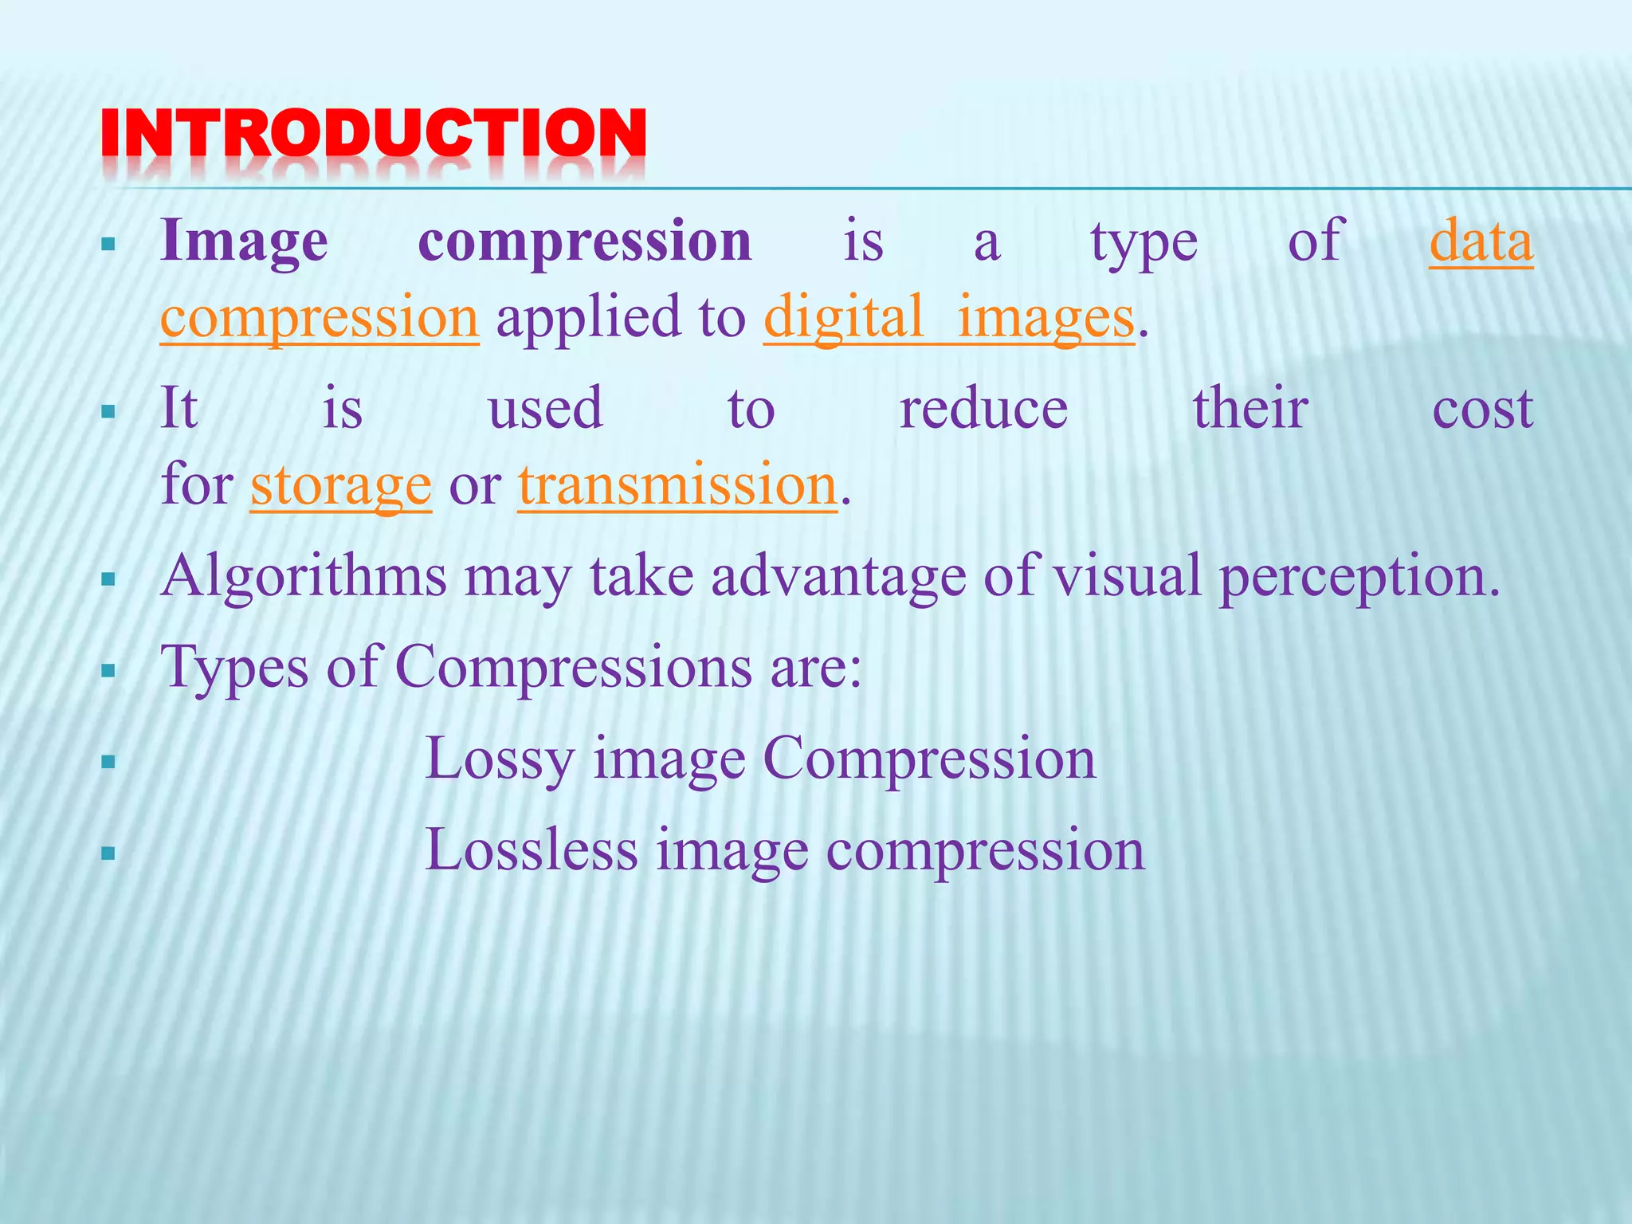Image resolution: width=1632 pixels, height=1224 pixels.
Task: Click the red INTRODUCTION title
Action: (x=373, y=134)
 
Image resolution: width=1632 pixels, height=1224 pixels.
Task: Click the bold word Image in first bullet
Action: (x=244, y=241)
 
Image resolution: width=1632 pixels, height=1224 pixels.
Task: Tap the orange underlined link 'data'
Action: (x=1481, y=241)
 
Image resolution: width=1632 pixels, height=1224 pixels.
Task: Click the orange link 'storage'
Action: (x=341, y=484)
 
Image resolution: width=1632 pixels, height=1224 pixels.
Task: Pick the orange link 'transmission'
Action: (x=677, y=484)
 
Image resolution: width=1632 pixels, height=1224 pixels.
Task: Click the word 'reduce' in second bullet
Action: (x=983, y=408)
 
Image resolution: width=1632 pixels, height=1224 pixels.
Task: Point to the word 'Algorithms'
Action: (x=303, y=575)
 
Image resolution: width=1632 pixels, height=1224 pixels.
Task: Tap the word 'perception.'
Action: (x=1359, y=575)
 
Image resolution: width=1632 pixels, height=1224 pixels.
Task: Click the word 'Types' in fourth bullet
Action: (x=234, y=666)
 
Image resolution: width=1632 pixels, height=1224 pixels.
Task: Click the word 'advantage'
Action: (x=838, y=575)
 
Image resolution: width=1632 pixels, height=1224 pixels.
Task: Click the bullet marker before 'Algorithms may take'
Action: (x=109, y=579)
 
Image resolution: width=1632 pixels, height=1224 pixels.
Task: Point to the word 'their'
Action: (x=1249, y=408)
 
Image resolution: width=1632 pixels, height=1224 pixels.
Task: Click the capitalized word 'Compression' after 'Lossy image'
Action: (x=929, y=758)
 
